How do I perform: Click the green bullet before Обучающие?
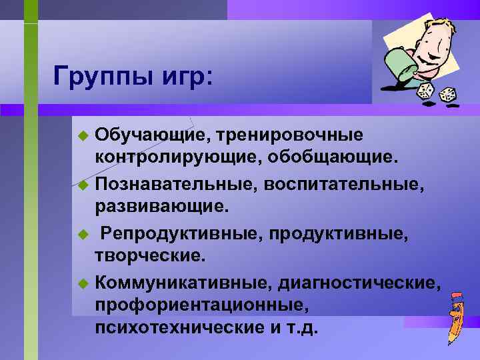pyautogui.click(x=83, y=136)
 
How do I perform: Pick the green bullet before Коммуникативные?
pyautogui.click(x=83, y=283)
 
